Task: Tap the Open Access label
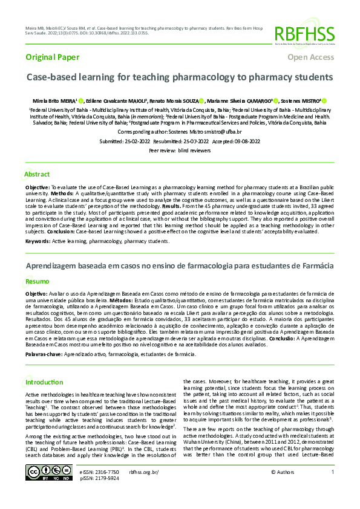click(x=310, y=57)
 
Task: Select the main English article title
click(x=179, y=78)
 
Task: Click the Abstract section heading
click(x=37, y=174)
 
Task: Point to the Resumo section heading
click(x=37, y=281)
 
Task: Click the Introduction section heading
click(x=44, y=382)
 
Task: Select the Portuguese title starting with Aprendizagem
click(x=179, y=266)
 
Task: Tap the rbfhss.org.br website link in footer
click(x=143, y=471)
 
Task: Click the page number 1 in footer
click(x=332, y=471)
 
